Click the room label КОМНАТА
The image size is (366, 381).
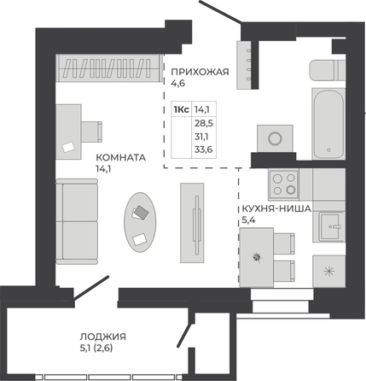click(x=120, y=157)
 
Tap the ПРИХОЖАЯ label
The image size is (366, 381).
click(x=200, y=72)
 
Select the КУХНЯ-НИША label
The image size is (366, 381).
click(x=276, y=208)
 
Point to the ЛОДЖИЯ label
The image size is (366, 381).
click(x=102, y=337)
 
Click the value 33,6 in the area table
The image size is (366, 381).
click(x=204, y=149)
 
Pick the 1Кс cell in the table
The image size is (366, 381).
click(x=181, y=109)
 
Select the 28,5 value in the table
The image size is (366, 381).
click(x=204, y=123)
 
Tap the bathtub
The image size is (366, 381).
click(x=328, y=124)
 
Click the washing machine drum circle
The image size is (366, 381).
click(x=275, y=138)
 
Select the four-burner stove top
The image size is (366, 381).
click(x=284, y=184)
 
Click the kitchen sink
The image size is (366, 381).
click(x=331, y=226)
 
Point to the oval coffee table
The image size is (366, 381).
click(x=140, y=222)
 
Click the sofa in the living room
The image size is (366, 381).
click(x=77, y=221)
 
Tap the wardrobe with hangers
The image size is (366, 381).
click(x=110, y=68)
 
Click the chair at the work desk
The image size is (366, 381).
click(x=91, y=132)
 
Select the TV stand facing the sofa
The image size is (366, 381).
click(x=192, y=223)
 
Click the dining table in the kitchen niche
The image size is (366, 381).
click(x=257, y=257)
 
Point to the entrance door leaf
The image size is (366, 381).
click(x=220, y=11)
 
